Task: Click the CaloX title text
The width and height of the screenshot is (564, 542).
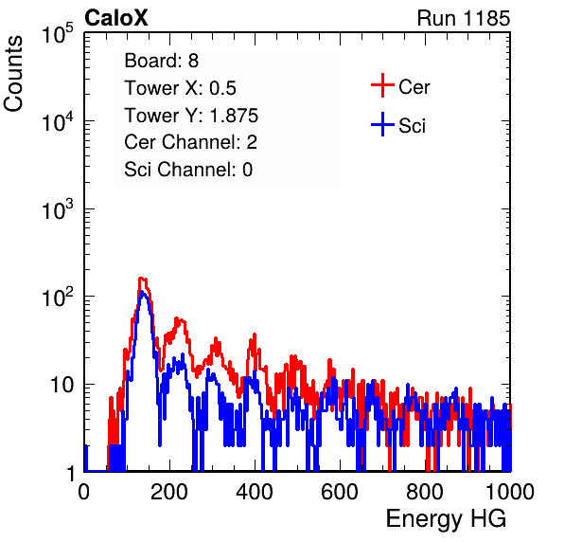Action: [115, 18]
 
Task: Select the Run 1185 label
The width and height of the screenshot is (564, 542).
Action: [464, 18]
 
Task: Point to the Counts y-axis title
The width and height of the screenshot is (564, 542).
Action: [13, 74]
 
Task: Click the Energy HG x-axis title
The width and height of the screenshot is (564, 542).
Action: [446, 519]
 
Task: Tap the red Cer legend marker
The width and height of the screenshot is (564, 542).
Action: [382, 85]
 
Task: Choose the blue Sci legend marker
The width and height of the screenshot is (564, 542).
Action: [382, 124]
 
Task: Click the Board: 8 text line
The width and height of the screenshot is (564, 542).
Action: [161, 61]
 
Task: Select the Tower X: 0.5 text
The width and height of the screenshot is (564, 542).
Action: [180, 88]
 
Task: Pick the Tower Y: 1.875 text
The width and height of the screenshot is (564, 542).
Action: [191, 116]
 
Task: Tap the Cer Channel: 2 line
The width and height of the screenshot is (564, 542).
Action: [190, 142]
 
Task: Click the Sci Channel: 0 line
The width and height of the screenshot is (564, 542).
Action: [188, 170]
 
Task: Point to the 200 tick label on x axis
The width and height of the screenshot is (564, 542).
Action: [169, 492]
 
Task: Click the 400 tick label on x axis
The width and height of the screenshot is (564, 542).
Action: [255, 492]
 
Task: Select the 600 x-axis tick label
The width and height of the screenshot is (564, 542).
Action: [340, 492]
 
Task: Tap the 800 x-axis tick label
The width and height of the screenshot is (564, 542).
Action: [425, 492]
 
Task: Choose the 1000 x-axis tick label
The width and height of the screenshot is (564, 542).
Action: [510, 492]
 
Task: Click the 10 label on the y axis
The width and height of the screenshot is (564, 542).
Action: [62, 386]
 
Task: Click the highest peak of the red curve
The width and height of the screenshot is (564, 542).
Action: [142, 278]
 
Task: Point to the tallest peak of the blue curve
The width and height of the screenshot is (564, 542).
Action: [143, 291]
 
